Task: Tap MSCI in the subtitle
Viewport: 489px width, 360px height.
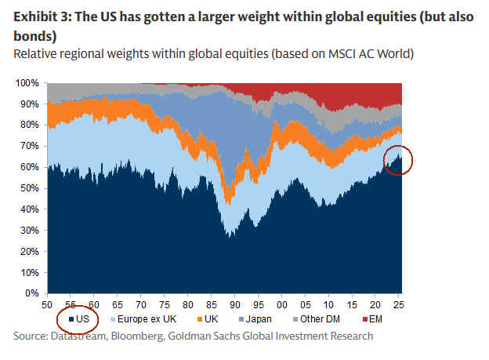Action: pos(292,54)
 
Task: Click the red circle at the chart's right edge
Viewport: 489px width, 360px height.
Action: pos(398,162)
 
